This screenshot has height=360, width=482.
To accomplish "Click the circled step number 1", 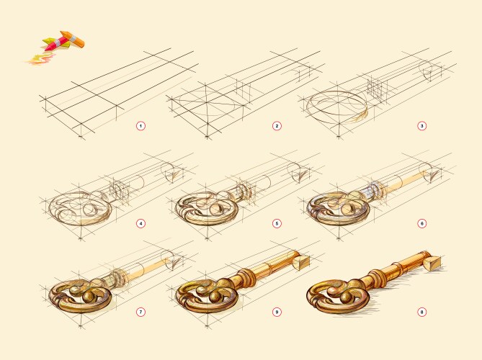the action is (x=140, y=126).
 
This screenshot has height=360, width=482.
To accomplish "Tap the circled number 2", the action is (x=277, y=126).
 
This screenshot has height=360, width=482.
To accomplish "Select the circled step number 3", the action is (x=421, y=126).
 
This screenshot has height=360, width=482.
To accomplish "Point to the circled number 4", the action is (x=140, y=224).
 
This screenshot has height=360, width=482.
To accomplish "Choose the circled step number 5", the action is (x=277, y=224).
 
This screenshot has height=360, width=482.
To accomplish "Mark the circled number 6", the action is (x=421, y=224).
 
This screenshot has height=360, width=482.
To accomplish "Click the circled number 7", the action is (x=140, y=312).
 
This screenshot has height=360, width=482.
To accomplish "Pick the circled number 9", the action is (x=277, y=312).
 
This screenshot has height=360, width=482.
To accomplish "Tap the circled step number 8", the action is (x=421, y=312).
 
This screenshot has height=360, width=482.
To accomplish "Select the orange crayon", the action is (x=73, y=38).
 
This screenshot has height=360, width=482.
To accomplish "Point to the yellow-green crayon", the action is (x=55, y=43).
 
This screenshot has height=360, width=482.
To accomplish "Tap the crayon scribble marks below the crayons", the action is (x=40, y=59).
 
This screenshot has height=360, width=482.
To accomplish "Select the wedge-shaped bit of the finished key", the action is (x=433, y=264).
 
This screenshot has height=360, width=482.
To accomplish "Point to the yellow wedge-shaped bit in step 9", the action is (x=300, y=262).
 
